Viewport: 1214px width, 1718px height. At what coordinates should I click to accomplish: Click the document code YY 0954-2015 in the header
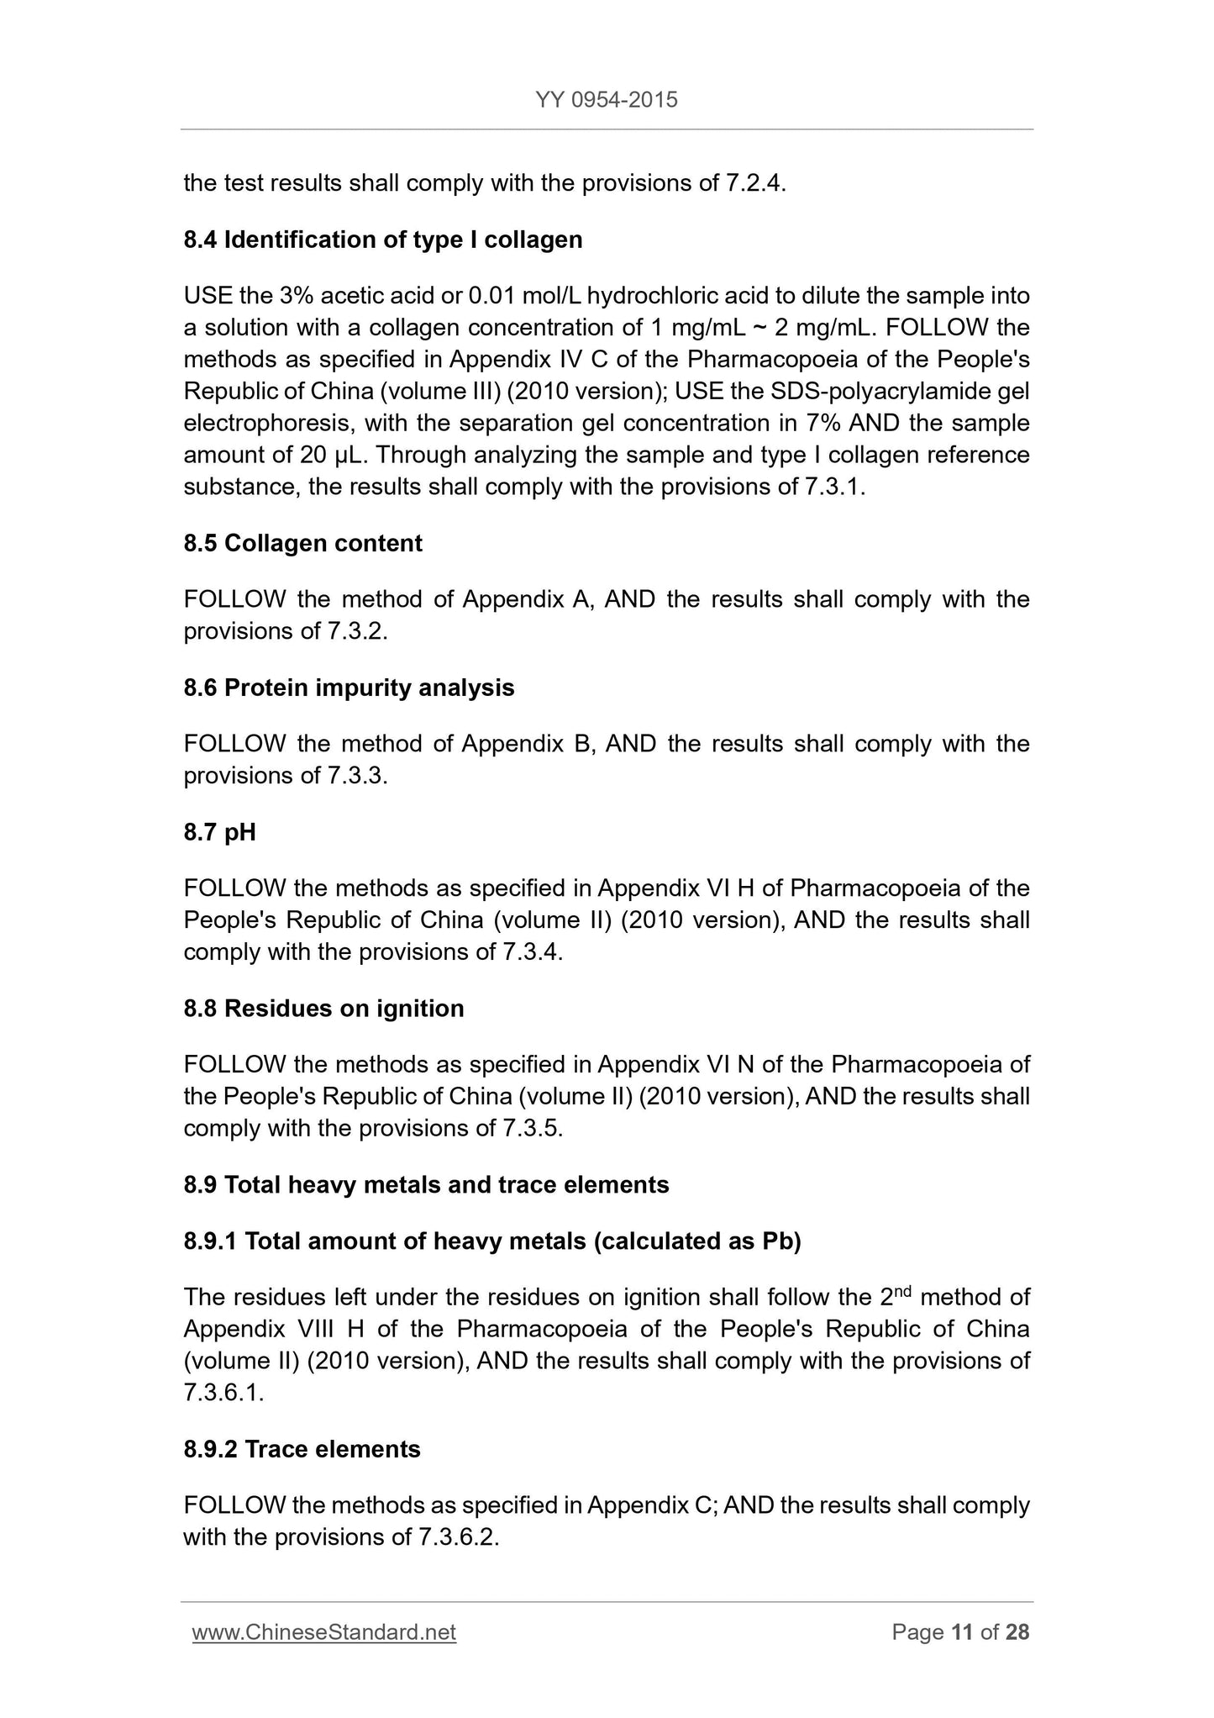[606, 101]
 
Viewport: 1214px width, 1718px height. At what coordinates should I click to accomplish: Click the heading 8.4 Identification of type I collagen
[382, 240]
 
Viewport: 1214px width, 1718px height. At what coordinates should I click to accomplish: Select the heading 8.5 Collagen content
[302, 543]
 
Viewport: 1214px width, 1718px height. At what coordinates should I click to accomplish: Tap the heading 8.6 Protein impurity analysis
[349, 688]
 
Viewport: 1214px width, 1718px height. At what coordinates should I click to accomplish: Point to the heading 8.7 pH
[219, 832]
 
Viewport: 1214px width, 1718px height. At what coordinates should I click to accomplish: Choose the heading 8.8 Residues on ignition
[323, 1008]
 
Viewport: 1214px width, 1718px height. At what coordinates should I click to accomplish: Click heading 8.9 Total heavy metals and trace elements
[426, 1184]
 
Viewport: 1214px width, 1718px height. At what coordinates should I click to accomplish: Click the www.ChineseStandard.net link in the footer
[324, 1632]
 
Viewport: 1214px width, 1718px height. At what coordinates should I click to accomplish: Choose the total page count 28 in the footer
[1017, 1632]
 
